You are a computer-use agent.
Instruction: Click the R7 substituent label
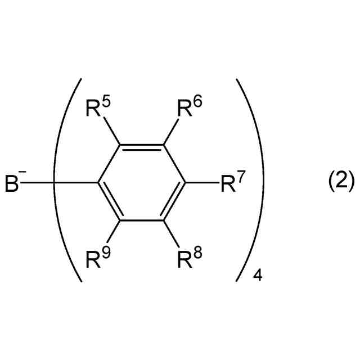(x=232, y=184)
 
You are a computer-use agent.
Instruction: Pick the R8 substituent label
(x=188, y=259)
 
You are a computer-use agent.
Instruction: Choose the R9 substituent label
(x=98, y=259)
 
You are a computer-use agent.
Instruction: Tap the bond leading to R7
(x=202, y=182)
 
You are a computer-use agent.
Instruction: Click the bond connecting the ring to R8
(x=171, y=232)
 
